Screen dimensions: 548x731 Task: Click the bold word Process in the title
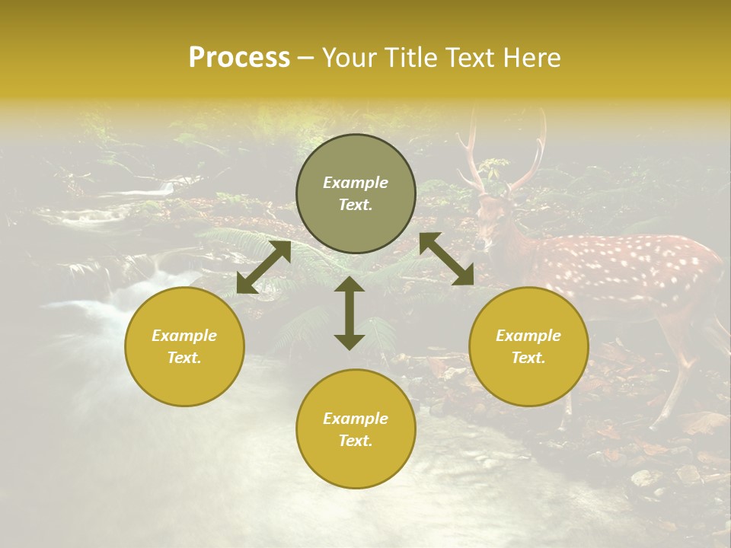239,57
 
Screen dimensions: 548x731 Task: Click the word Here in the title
530,57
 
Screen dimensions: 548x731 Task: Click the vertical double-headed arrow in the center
350,313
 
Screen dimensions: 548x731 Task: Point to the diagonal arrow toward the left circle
263,267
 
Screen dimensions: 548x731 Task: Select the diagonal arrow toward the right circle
447,259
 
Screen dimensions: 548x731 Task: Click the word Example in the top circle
356,183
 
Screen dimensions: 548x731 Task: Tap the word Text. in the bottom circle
356,441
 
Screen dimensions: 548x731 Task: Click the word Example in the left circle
184,336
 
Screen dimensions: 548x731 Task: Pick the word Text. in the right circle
528,358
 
